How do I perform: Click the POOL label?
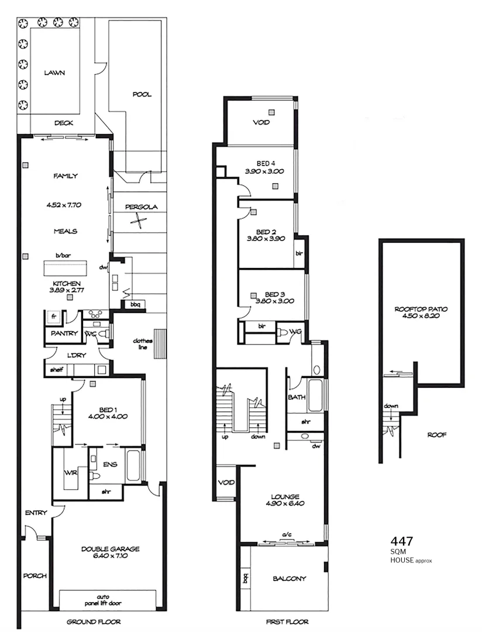142,94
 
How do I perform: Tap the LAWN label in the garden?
54,73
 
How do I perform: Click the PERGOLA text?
141,207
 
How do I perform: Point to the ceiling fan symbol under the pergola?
138,221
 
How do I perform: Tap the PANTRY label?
64,333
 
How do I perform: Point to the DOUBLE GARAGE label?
111,549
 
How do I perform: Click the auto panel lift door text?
108,597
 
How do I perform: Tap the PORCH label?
35,575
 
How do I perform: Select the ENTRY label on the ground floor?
36,513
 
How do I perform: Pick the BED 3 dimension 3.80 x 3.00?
274,301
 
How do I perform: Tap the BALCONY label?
289,579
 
